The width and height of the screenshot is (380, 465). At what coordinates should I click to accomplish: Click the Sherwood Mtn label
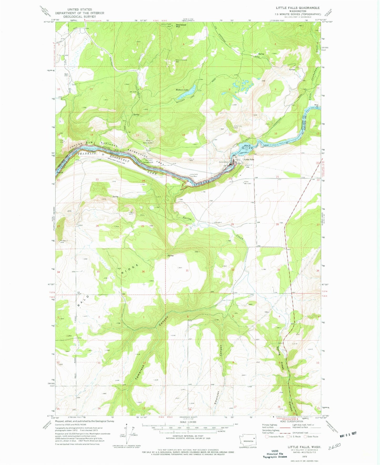[x=181, y=26]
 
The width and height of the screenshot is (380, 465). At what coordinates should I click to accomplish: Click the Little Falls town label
[x=249, y=159]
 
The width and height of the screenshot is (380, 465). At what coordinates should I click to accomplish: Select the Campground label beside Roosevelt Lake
[x=147, y=162]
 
